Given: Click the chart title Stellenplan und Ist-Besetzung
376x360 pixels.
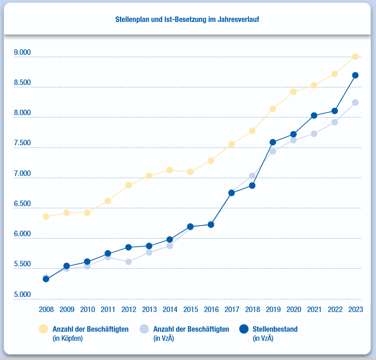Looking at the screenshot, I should click(x=188, y=20).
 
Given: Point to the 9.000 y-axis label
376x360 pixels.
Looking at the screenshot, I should click(x=22, y=53).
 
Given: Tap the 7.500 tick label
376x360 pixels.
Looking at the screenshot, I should click(x=22, y=143).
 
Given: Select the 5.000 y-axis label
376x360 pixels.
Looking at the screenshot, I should click(x=22, y=295).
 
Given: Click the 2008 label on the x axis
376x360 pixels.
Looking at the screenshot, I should click(x=46, y=309).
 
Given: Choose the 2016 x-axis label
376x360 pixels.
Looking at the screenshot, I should click(x=211, y=309).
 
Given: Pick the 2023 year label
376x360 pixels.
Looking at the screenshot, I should click(x=355, y=309).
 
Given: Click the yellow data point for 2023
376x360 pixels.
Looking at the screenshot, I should click(x=355, y=57).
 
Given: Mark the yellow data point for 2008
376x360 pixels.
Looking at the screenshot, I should click(x=46, y=217).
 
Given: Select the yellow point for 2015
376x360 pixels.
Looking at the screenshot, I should click(x=191, y=172).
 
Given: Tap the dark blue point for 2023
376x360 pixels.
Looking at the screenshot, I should click(x=355, y=75).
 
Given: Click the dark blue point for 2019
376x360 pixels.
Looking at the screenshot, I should click(x=273, y=142).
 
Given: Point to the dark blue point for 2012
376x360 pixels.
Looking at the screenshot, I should click(x=128, y=247).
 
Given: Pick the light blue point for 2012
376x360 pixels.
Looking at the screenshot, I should click(x=128, y=262).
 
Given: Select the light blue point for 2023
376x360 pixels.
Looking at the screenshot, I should click(x=355, y=102).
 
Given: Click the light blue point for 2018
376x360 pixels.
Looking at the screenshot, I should click(x=252, y=176).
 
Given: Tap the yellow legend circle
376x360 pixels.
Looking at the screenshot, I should click(x=43, y=329).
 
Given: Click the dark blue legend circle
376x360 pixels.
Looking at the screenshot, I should click(x=244, y=329).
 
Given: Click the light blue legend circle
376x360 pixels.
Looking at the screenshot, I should click(x=144, y=329).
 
